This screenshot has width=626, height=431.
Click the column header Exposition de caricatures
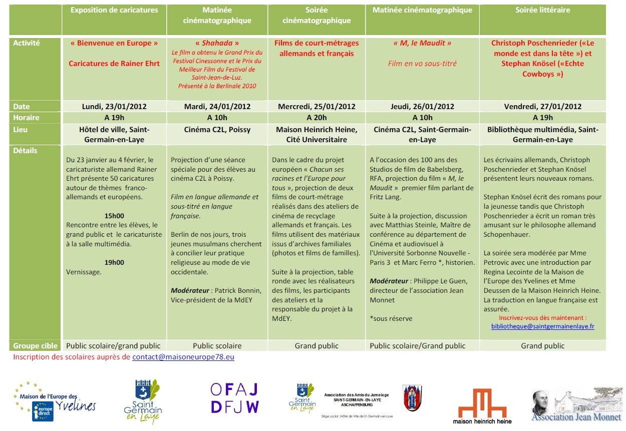point(114,10)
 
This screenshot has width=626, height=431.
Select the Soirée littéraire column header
point(542,10)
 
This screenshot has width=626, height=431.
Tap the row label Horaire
point(26,118)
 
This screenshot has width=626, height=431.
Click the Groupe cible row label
point(35,346)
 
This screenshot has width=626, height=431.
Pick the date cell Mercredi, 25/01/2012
point(317,106)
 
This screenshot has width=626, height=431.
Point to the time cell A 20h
point(317,118)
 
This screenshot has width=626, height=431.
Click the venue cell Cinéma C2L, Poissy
point(217,130)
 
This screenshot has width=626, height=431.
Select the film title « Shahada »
point(217,43)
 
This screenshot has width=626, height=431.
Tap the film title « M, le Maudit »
point(422,43)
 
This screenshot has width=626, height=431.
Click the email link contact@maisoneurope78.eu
point(183,357)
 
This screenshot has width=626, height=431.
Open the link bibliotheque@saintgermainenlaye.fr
point(542,326)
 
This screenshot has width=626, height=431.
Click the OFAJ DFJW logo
point(234,398)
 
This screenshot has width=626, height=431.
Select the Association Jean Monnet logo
point(576,406)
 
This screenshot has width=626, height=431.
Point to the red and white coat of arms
point(413,398)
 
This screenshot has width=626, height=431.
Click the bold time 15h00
point(114,216)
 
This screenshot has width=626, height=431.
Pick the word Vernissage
point(84,272)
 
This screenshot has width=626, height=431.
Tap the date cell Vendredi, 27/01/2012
point(542,106)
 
